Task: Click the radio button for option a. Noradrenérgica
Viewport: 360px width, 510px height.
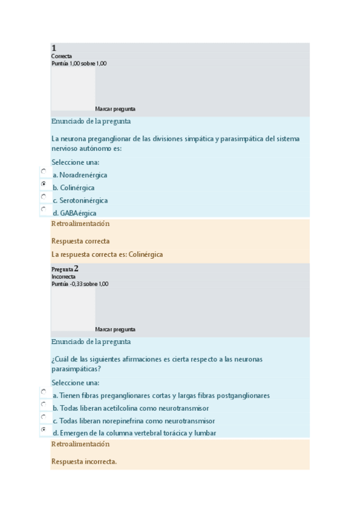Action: [x=43, y=171]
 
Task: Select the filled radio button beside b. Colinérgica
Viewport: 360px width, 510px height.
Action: [x=43, y=183]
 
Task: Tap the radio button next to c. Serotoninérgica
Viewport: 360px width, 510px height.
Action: [x=43, y=196]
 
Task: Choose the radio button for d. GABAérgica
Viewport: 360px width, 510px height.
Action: [x=43, y=209]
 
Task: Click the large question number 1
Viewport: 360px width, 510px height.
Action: [x=54, y=48]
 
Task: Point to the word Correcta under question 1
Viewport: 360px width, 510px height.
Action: [x=62, y=56]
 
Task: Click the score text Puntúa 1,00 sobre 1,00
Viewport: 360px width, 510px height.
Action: [x=79, y=63]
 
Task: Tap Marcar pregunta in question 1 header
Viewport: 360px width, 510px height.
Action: [x=115, y=109]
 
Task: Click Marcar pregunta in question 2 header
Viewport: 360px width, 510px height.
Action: [x=115, y=330]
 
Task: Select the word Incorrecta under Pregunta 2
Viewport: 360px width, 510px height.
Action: [x=64, y=277]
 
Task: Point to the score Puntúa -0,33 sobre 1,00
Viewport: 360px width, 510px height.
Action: [x=80, y=284]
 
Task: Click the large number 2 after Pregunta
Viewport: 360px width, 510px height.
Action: [x=76, y=268]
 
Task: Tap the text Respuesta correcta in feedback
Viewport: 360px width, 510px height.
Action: [x=81, y=241]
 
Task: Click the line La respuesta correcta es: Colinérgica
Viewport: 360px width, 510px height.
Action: [x=107, y=254]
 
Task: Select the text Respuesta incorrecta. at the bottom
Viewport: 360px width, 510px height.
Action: [x=84, y=462]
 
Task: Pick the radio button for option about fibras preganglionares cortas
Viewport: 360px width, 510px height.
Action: [x=43, y=392]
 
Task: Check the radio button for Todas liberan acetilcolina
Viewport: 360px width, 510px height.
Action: [x=43, y=404]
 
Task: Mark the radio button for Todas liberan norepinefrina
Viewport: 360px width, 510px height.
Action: [x=43, y=417]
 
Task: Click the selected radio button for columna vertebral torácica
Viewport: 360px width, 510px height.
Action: [x=43, y=429]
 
